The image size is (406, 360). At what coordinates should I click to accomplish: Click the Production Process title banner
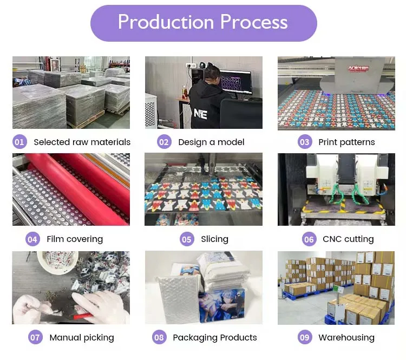pos(203,23)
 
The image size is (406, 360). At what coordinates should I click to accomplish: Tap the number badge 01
pos(19,142)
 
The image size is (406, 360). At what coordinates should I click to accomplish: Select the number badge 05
pos(187,239)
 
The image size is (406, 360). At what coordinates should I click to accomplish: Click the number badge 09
pos(305,338)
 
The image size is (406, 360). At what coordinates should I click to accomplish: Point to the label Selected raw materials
pos(82,142)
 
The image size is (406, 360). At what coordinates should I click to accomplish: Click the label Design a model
pos(211,142)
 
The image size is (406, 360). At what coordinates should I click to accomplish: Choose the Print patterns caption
pos(346,142)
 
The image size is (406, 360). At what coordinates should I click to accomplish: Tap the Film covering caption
pos(75,239)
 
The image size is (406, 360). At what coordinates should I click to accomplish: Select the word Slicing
pos(214,239)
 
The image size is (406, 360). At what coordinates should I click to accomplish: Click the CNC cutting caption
pos(348,239)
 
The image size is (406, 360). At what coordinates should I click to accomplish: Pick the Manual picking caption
pos(82,338)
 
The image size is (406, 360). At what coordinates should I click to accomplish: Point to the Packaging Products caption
pos(215,338)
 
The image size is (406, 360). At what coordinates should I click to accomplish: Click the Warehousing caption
pos(346,338)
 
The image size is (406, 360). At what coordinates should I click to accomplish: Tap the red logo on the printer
pos(357,68)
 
